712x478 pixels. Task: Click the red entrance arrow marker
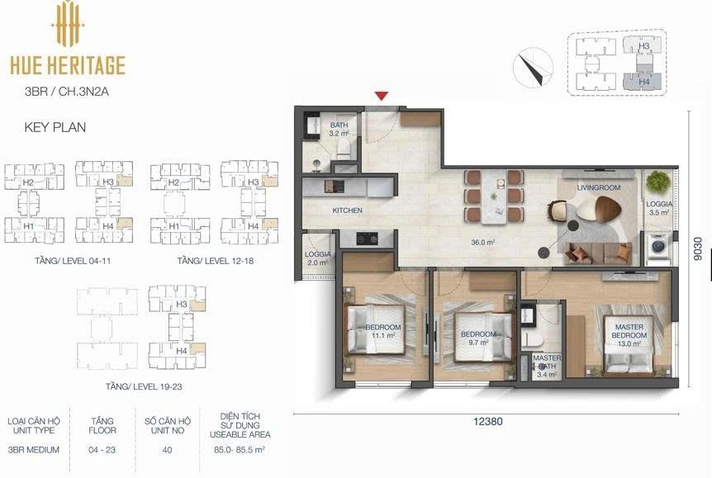coord(382,96)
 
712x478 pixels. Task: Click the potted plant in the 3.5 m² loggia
coord(658,182)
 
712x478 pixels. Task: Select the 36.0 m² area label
coord(482,243)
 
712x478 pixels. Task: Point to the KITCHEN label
coord(348,211)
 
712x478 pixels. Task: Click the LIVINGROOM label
coord(599,187)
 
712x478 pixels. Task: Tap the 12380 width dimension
coord(488,421)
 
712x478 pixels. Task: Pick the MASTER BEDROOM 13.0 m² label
coord(629,335)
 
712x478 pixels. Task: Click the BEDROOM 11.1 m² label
coord(383,331)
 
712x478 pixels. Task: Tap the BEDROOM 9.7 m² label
coord(478,338)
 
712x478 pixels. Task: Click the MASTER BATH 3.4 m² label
coord(547,367)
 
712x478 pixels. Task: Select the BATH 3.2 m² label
coord(339,130)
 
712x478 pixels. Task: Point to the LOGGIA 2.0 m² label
coord(317,258)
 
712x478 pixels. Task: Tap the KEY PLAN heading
coord(55,127)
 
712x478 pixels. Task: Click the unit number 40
coord(167,450)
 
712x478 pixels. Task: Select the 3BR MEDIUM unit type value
coord(34,450)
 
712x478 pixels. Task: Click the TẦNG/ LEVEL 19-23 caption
coord(144,386)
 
